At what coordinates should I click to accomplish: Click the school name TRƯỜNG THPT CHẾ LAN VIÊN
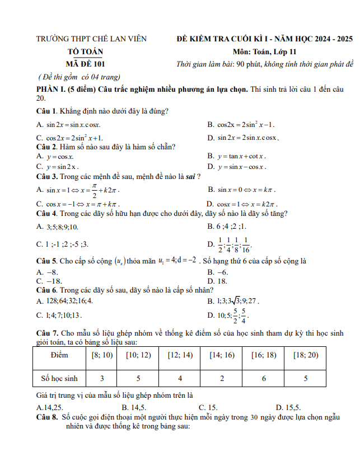coord(91,39)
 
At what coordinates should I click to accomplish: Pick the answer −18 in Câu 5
coord(54,281)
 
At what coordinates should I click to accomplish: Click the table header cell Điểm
coord(59,355)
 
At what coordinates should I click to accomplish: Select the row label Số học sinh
coord(59,379)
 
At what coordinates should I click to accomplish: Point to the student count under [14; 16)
coord(222,379)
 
